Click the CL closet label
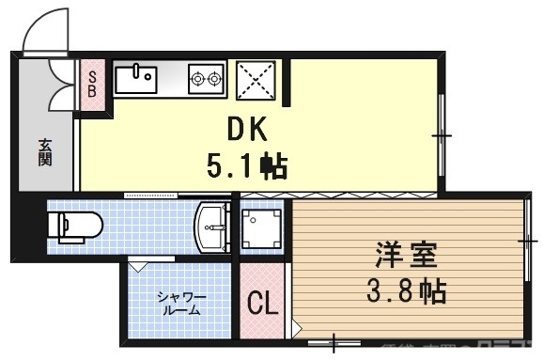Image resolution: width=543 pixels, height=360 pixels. [262, 304]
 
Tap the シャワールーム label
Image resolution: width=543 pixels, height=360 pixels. [181, 303]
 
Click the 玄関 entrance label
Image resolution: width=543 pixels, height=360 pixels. [45, 150]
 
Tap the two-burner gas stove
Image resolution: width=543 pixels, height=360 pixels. [207, 77]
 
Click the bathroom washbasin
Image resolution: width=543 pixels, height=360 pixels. [212, 226]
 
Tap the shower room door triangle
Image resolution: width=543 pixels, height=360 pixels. [138, 266]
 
